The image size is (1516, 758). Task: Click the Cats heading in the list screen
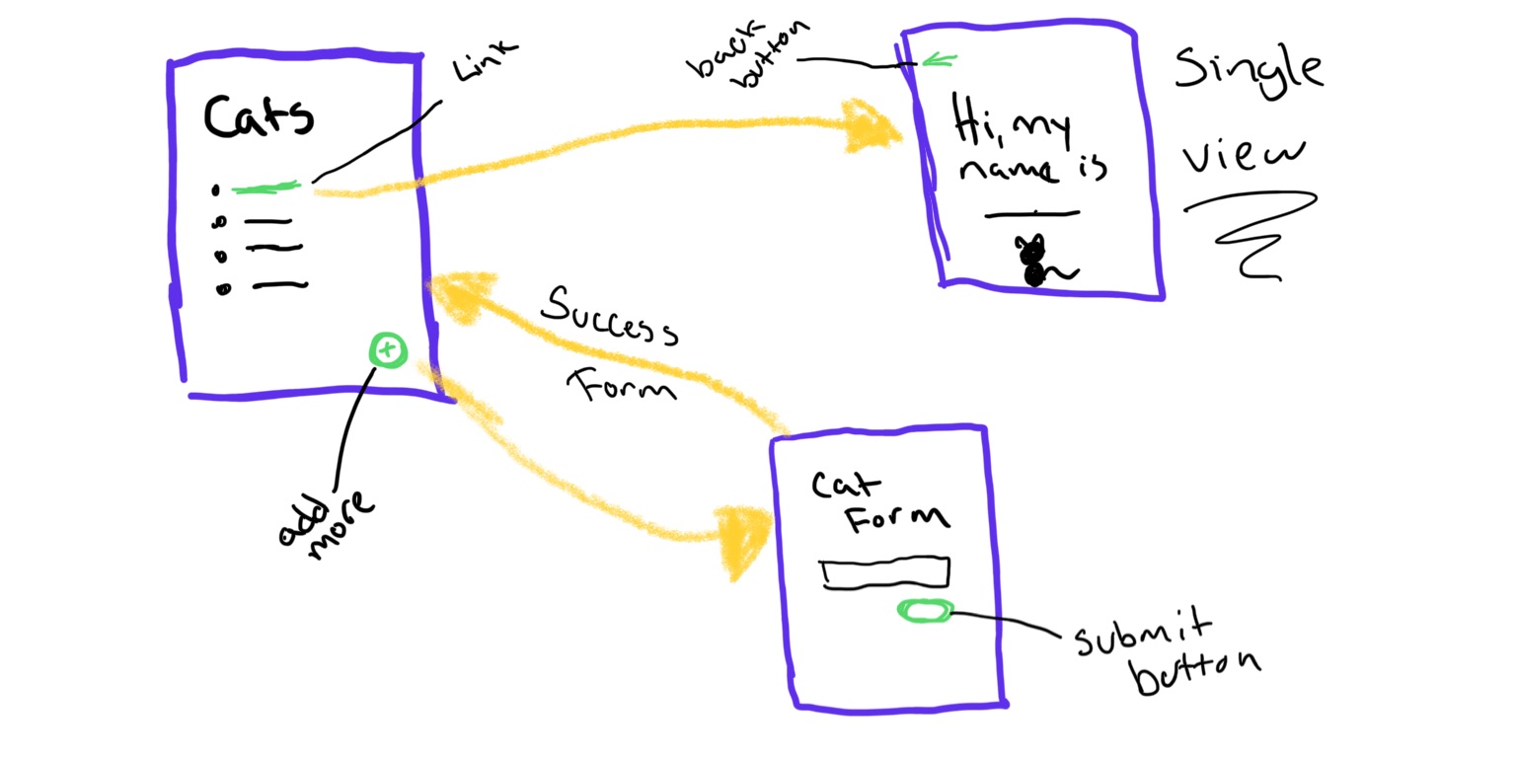[259, 115]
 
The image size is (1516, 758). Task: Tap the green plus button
[388, 349]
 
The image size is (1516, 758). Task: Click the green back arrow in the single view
[937, 61]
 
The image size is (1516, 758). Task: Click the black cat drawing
[1036, 262]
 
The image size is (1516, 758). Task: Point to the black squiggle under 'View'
[1253, 232]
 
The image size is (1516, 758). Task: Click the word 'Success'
[610, 316]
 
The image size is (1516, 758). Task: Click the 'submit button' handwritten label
[1165, 653]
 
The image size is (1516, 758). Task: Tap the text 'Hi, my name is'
[1028, 148]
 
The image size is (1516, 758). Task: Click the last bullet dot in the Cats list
[224, 288]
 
